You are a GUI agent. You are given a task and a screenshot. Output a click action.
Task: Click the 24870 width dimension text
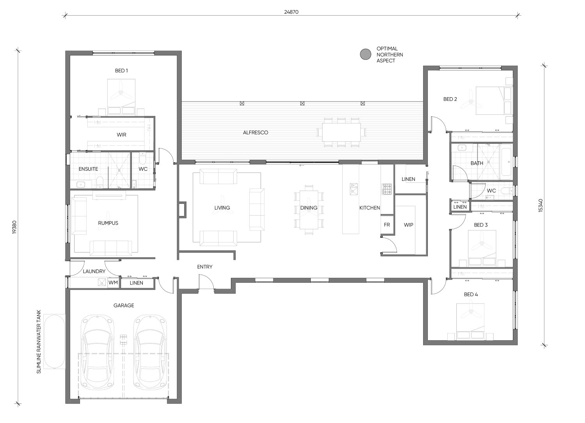point(291,12)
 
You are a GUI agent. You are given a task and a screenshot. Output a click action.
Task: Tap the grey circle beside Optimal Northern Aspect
point(365,54)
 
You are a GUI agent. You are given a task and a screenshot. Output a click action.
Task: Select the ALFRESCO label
point(255,133)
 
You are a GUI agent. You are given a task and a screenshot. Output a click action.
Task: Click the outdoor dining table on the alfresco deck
point(341,132)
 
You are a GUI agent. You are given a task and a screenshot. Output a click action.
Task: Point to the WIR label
point(121,135)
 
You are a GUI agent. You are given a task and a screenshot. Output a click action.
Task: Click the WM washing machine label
point(113,283)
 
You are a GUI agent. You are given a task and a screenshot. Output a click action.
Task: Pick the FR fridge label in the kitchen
point(387,225)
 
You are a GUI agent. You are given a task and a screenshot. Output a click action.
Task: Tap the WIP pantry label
point(408,225)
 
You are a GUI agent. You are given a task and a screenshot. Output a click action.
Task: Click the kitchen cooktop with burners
point(387,189)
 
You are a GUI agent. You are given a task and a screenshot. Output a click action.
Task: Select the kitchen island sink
point(354,189)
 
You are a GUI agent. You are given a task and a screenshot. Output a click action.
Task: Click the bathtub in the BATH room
point(506,162)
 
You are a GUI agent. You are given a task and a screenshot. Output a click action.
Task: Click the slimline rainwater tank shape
point(54,342)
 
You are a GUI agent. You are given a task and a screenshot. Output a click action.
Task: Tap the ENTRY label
point(205,267)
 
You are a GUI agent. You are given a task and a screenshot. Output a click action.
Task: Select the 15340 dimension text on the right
point(541,205)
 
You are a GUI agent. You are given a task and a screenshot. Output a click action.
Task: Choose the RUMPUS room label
point(108,223)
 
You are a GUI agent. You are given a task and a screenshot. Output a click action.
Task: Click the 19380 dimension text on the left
point(14,227)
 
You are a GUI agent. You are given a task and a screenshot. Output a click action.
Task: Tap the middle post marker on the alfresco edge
point(302,104)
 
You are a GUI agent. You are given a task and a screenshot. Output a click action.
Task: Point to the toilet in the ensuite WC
point(143,158)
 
